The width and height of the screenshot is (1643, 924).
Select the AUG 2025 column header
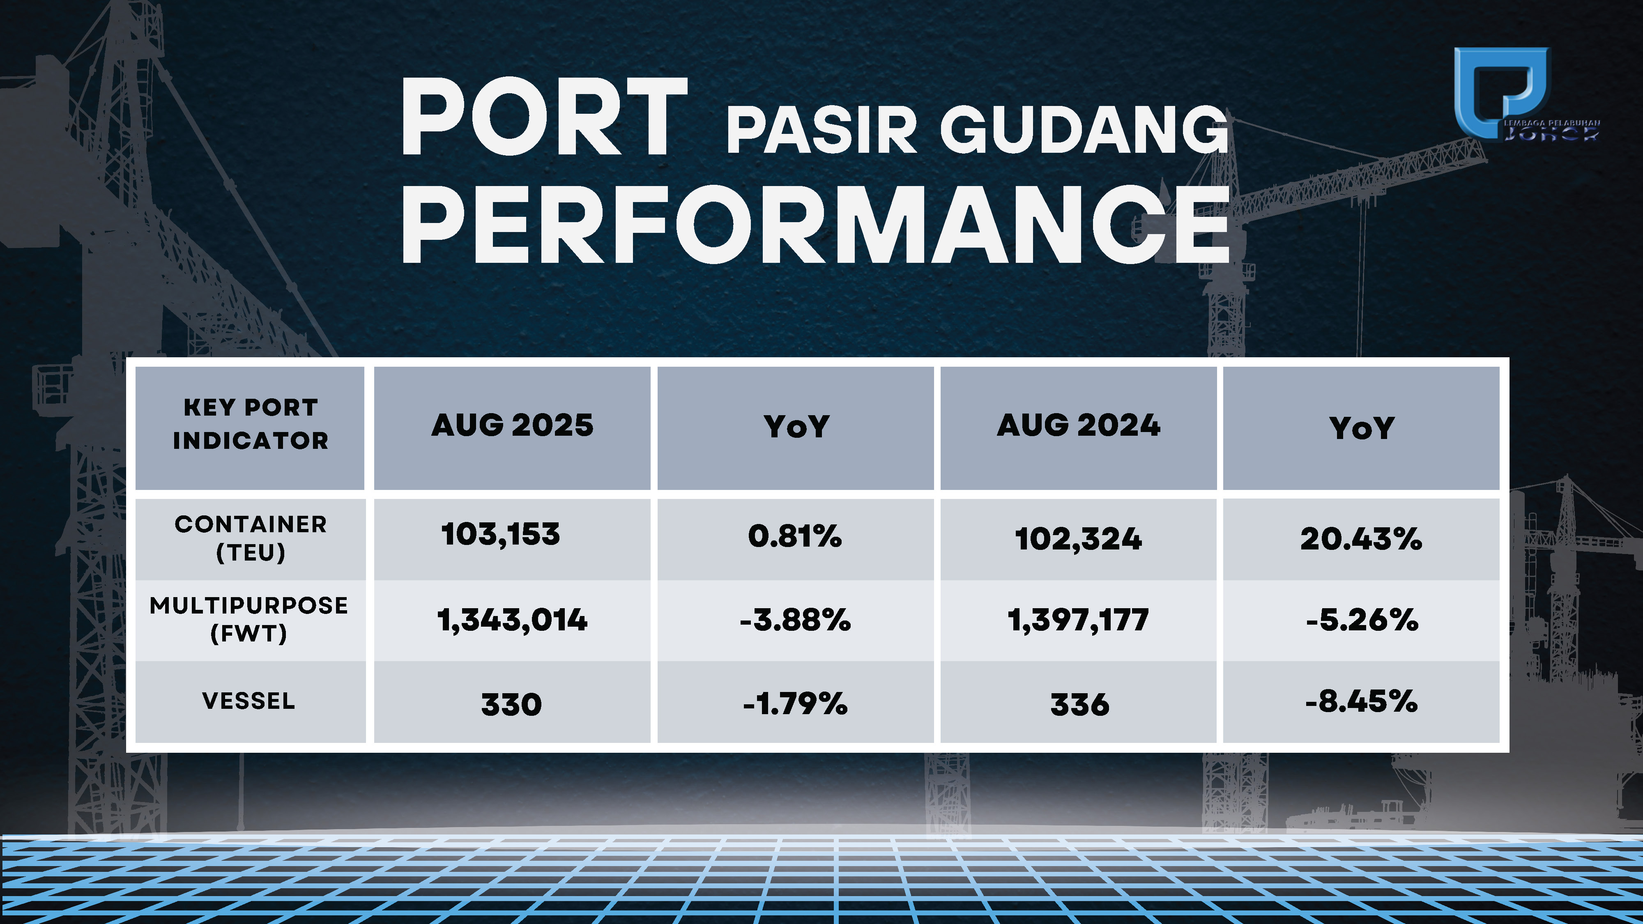tap(512, 425)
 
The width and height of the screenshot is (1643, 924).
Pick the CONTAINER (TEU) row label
tap(251, 538)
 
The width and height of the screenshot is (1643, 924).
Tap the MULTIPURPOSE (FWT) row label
tap(249, 619)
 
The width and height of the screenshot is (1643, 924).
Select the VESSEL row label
tap(249, 701)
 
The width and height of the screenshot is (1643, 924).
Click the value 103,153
tap(501, 534)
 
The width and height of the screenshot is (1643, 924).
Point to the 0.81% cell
tap(795, 536)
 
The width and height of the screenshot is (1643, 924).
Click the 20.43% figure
tap(1361, 539)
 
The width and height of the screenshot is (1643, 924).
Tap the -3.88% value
tap(795, 620)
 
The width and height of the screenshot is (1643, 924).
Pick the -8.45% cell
tap(1361, 701)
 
